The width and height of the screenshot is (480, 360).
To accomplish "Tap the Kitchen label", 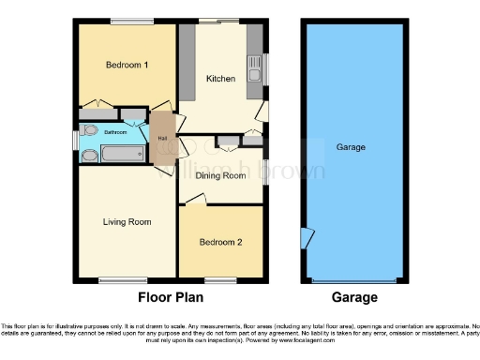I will click(x=221, y=79).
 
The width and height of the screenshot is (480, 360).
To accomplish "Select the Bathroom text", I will click(x=115, y=132).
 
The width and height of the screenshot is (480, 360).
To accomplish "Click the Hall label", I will click(x=162, y=140).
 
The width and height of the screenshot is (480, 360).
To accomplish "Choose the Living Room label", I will click(x=127, y=222).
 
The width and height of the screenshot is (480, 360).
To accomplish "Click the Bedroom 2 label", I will click(x=221, y=242).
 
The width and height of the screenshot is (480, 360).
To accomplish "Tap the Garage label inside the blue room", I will click(x=352, y=147).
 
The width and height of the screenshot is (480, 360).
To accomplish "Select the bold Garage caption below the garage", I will click(x=352, y=298).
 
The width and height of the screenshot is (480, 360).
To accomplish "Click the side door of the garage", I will click(x=306, y=238).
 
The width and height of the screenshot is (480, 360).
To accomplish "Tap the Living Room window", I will click(x=116, y=279).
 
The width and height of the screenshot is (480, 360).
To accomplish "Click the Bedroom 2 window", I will click(x=221, y=279).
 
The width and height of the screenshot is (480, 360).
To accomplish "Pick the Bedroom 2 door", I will click(x=194, y=199).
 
